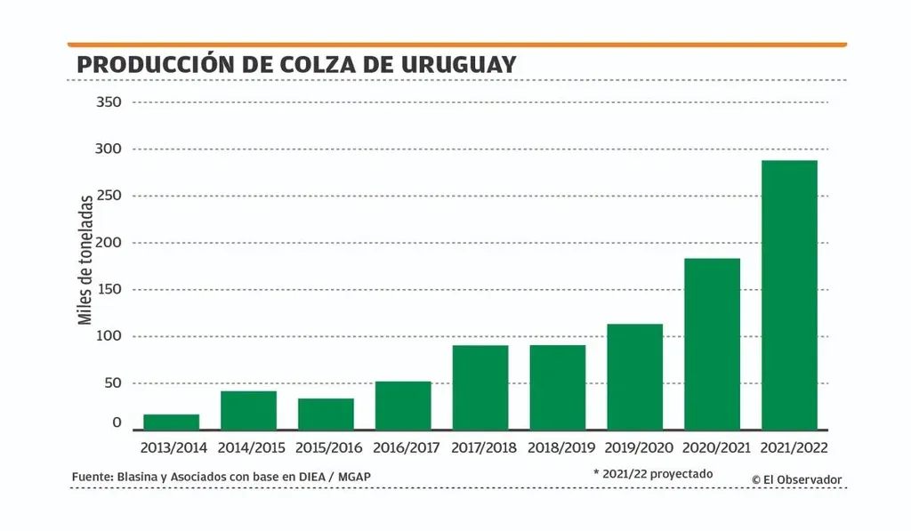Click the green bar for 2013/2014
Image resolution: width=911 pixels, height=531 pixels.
point(171,422)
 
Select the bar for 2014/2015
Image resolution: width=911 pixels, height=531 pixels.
point(248,410)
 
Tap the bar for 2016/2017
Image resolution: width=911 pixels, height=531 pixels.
point(403,406)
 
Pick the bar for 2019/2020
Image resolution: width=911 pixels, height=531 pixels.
point(634,376)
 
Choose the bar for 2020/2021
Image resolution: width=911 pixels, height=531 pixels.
point(712,343)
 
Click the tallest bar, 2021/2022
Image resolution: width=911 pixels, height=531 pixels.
point(789,294)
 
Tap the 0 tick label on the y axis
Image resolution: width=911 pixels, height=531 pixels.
point(116,423)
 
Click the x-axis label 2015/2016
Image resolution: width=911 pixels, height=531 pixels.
point(326,447)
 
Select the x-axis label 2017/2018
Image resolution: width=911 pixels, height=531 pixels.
point(480,447)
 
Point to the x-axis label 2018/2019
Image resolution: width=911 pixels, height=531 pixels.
point(558,447)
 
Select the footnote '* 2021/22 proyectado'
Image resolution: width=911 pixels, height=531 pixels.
point(653,474)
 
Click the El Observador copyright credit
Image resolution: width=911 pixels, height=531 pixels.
point(796,479)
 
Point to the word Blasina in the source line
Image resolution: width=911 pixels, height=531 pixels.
point(133,477)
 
